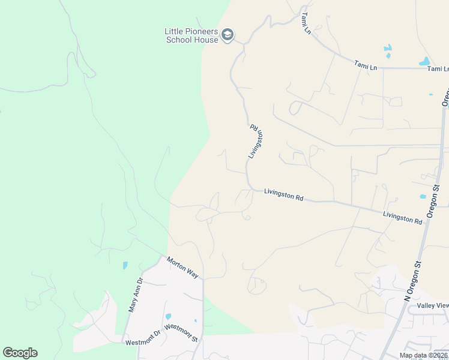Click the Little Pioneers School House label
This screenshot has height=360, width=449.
click(x=192, y=35)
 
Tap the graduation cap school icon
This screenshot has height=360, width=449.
click(x=228, y=35)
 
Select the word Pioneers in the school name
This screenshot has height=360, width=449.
click(x=200, y=31)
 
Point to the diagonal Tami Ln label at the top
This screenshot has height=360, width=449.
click(x=306, y=22)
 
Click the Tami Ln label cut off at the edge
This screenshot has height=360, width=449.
click(x=438, y=69)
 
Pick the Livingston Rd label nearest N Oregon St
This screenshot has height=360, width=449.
click(x=402, y=217)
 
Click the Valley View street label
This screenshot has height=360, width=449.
click(x=433, y=305)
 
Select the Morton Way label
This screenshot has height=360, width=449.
click(x=182, y=267)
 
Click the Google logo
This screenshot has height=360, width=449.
click(x=20, y=353)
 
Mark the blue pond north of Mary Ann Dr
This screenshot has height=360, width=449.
click(x=125, y=265)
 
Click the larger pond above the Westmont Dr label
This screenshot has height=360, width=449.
click(x=167, y=317)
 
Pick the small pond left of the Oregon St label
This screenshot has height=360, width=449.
click(x=423, y=196)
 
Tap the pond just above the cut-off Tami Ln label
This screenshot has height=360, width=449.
click(x=424, y=61)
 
